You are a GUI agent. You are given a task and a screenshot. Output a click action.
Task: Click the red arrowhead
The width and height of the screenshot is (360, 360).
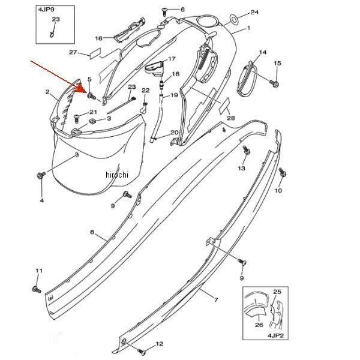(x=80, y=89)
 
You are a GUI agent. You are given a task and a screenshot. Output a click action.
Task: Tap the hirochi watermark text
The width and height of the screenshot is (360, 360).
(x=117, y=175)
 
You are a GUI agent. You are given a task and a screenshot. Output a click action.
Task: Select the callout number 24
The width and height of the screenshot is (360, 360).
(x=254, y=12)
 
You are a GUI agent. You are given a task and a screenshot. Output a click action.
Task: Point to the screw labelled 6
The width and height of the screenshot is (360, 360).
(x=164, y=11)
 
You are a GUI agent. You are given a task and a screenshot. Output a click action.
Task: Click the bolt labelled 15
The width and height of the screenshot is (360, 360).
(x=275, y=83)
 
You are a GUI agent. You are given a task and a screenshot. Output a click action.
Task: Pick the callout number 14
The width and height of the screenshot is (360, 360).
(x=263, y=53)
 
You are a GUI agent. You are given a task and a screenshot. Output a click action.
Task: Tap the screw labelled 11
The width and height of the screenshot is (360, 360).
(x=37, y=289)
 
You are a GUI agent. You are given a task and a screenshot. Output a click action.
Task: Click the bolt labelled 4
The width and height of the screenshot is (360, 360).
(x=41, y=175)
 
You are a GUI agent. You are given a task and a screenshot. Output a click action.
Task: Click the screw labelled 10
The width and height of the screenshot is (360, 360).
(x=283, y=172)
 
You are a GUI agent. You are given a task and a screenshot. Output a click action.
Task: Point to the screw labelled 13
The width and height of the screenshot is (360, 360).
(x=247, y=149)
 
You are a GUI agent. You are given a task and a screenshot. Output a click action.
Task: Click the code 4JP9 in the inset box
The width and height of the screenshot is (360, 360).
(x=46, y=10)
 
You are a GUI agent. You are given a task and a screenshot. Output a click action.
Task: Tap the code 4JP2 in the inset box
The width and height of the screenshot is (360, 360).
(x=275, y=335)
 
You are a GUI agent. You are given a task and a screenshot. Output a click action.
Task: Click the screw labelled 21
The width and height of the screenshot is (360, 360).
(x=77, y=118)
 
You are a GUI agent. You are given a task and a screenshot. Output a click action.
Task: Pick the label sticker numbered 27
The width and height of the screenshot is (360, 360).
(x=95, y=53)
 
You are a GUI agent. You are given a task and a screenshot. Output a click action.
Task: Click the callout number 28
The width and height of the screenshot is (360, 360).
(x=231, y=118)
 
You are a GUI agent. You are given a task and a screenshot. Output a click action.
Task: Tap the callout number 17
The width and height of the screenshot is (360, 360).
(x=172, y=59)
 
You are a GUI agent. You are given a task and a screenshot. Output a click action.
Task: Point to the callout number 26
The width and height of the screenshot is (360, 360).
(x=259, y=325)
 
